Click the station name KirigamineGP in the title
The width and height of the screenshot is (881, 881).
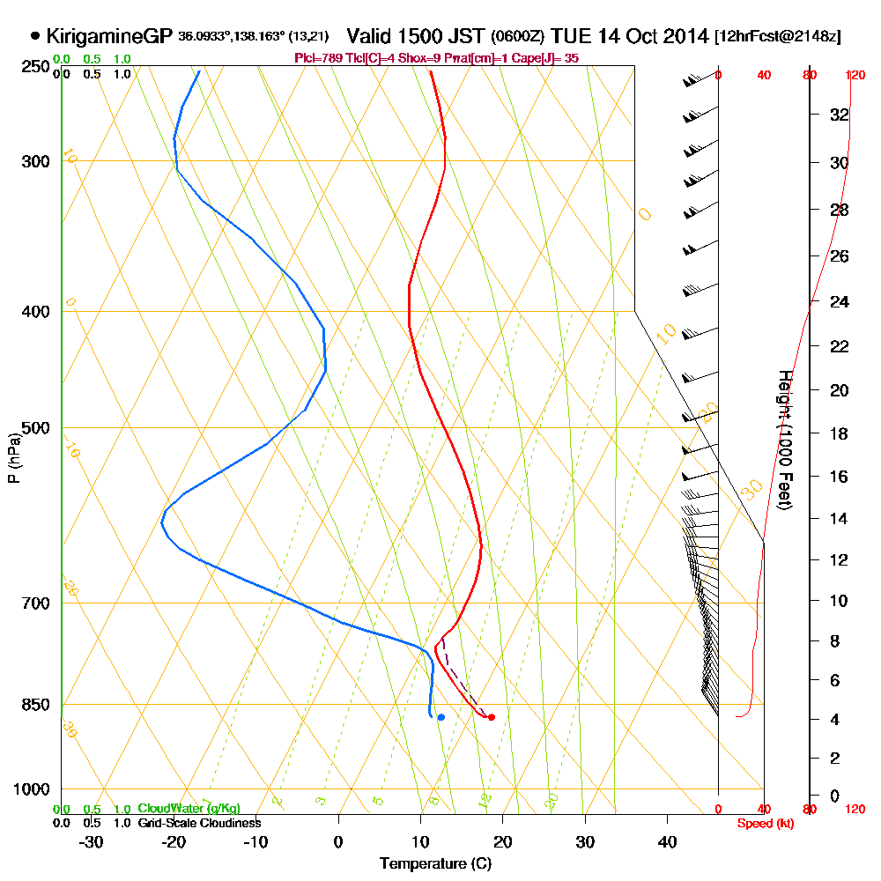coord(108,37)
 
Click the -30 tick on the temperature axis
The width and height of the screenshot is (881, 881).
coord(92,842)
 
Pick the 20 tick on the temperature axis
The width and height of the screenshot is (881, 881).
coord(503,842)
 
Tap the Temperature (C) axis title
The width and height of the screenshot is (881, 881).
coord(435,864)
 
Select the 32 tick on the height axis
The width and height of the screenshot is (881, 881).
coord(840,115)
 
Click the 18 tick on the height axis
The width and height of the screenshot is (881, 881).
coord(840,433)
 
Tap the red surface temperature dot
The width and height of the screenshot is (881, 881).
coord(491,717)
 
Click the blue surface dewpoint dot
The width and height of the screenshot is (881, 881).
coord(440,717)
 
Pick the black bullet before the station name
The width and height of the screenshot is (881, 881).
coord(35,37)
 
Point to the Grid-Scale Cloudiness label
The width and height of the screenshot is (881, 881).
coord(199,823)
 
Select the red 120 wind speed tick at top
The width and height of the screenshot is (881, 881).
coord(855,75)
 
